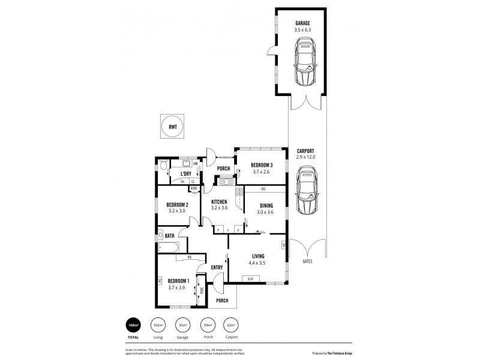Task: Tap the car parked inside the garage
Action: click(x=305, y=62)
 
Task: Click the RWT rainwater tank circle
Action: click(x=173, y=126)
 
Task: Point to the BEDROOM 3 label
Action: click(x=262, y=165)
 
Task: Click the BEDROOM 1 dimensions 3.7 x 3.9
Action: click(x=178, y=287)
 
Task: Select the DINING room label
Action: click(x=265, y=205)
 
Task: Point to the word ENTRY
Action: click(x=217, y=268)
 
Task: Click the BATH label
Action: click(x=170, y=236)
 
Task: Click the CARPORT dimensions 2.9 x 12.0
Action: click(x=305, y=157)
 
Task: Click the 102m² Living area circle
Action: click(x=158, y=325)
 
